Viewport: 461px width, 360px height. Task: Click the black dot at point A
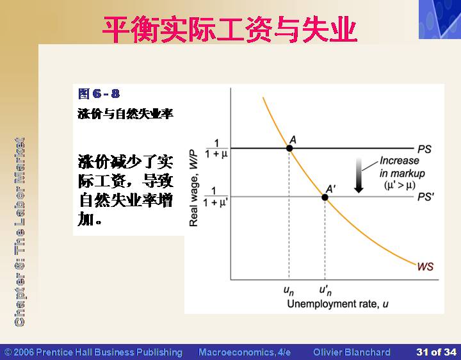coord(289,148)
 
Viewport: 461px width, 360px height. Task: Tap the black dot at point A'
coord(325,197)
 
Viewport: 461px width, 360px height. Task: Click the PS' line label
coord(426,197)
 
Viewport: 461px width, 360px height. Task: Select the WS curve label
coord(425,266)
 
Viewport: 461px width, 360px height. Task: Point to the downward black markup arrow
coord(359,176)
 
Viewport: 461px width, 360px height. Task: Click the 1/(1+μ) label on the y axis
coord(216,149)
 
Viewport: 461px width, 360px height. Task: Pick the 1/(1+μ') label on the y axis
coord(216,197)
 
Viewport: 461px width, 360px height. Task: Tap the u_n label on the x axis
coord(289,291)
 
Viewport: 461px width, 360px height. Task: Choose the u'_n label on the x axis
coord(325,291)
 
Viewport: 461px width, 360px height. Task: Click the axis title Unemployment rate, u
coord(338,304)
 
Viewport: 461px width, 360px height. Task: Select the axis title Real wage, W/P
coord(194,188)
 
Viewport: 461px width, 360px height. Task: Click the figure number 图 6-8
coord(99,94)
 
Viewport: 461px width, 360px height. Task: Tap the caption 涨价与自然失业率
coord(125,114)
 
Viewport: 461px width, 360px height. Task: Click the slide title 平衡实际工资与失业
coord(230,29)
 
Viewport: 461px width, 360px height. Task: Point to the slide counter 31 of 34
coord(436,352)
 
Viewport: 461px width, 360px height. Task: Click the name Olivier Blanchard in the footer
coord(352,352)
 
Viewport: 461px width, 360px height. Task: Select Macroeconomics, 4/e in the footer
coord(245,352)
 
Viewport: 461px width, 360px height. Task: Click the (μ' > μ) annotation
coord(400,185)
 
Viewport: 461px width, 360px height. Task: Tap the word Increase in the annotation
coord(400,161)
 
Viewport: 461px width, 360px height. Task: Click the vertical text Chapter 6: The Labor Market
coord(19,232)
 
